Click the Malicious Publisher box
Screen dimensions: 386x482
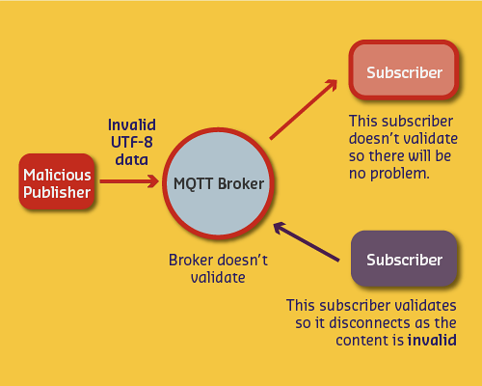click(x=57, y=183)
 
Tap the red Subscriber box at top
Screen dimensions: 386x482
click(x=404, y=73)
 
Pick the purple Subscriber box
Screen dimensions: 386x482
click(x=404, y=260)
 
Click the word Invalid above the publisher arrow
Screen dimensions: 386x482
click(x=131, y=124)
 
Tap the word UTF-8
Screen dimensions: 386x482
click(x=131, y=142)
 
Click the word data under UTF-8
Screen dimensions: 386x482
click(x=131, y=159)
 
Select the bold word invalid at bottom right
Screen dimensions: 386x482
click(x=431, y=341)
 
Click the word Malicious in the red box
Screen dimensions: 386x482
click(x=57, y=175)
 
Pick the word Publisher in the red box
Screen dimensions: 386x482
click(x=57, y=192)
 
